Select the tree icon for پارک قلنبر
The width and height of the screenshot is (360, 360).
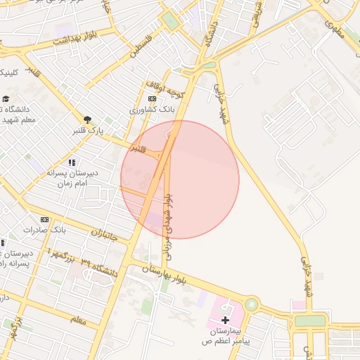pos(87,120)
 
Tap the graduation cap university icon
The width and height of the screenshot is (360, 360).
pos(6,99)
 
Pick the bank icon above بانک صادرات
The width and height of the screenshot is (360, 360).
pos(45,219)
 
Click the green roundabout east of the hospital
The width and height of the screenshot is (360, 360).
pos(251,304)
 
